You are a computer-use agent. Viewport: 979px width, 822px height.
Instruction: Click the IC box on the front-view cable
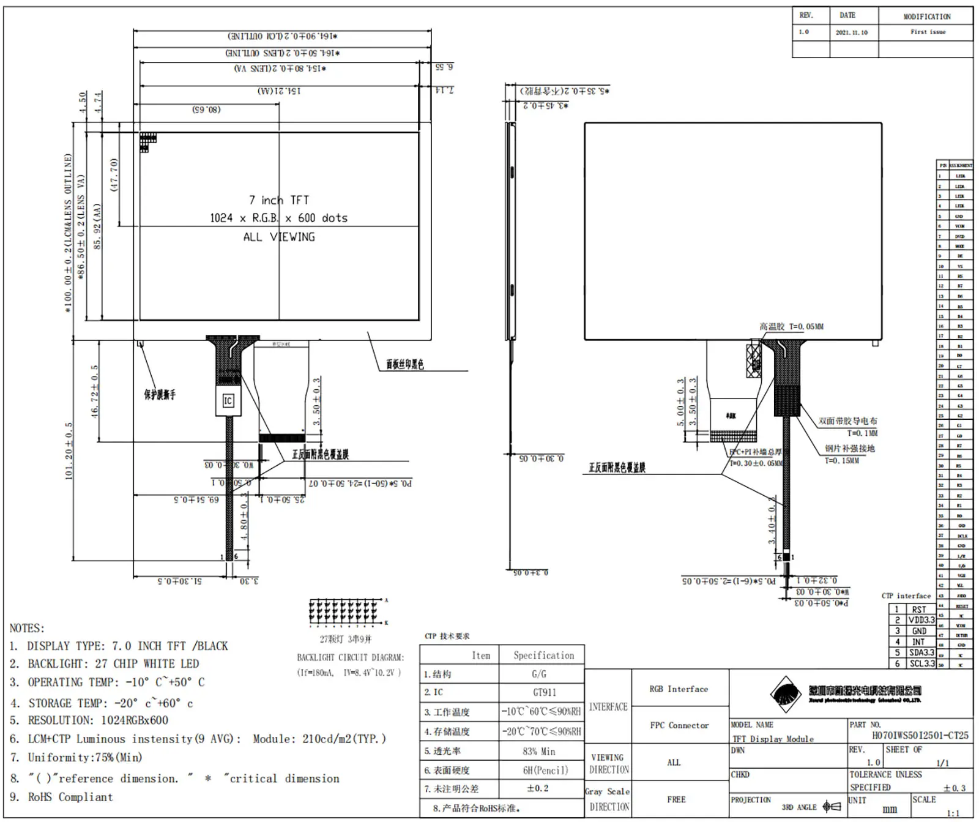(228, 401)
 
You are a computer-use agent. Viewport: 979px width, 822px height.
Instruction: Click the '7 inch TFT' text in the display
(278, 200)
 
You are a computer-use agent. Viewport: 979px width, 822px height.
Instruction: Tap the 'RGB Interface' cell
(679, 689)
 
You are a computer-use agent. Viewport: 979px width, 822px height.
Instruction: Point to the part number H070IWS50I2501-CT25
(920, 735)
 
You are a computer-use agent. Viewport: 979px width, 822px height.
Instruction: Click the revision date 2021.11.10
(851, 32)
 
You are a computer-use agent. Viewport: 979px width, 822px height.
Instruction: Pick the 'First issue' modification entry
(928, 32)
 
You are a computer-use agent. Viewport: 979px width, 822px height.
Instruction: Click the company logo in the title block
(786, 695)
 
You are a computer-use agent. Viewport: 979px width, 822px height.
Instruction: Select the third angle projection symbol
(832, 807)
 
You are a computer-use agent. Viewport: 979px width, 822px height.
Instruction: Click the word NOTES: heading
(27, 629)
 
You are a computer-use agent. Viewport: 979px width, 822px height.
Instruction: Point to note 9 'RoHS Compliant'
(70, 797)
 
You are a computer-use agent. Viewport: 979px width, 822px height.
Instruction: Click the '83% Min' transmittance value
(539, 751)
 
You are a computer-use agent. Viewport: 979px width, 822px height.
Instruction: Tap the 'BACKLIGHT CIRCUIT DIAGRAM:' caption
(350, 657)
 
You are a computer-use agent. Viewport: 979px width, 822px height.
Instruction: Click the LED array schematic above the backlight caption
(347, 612)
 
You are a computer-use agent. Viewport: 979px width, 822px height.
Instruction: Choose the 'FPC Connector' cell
(679, 725)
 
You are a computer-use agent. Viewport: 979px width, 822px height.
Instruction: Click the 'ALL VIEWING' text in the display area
(279, 237)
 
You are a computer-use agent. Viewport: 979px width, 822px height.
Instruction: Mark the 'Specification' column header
(543, 656)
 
